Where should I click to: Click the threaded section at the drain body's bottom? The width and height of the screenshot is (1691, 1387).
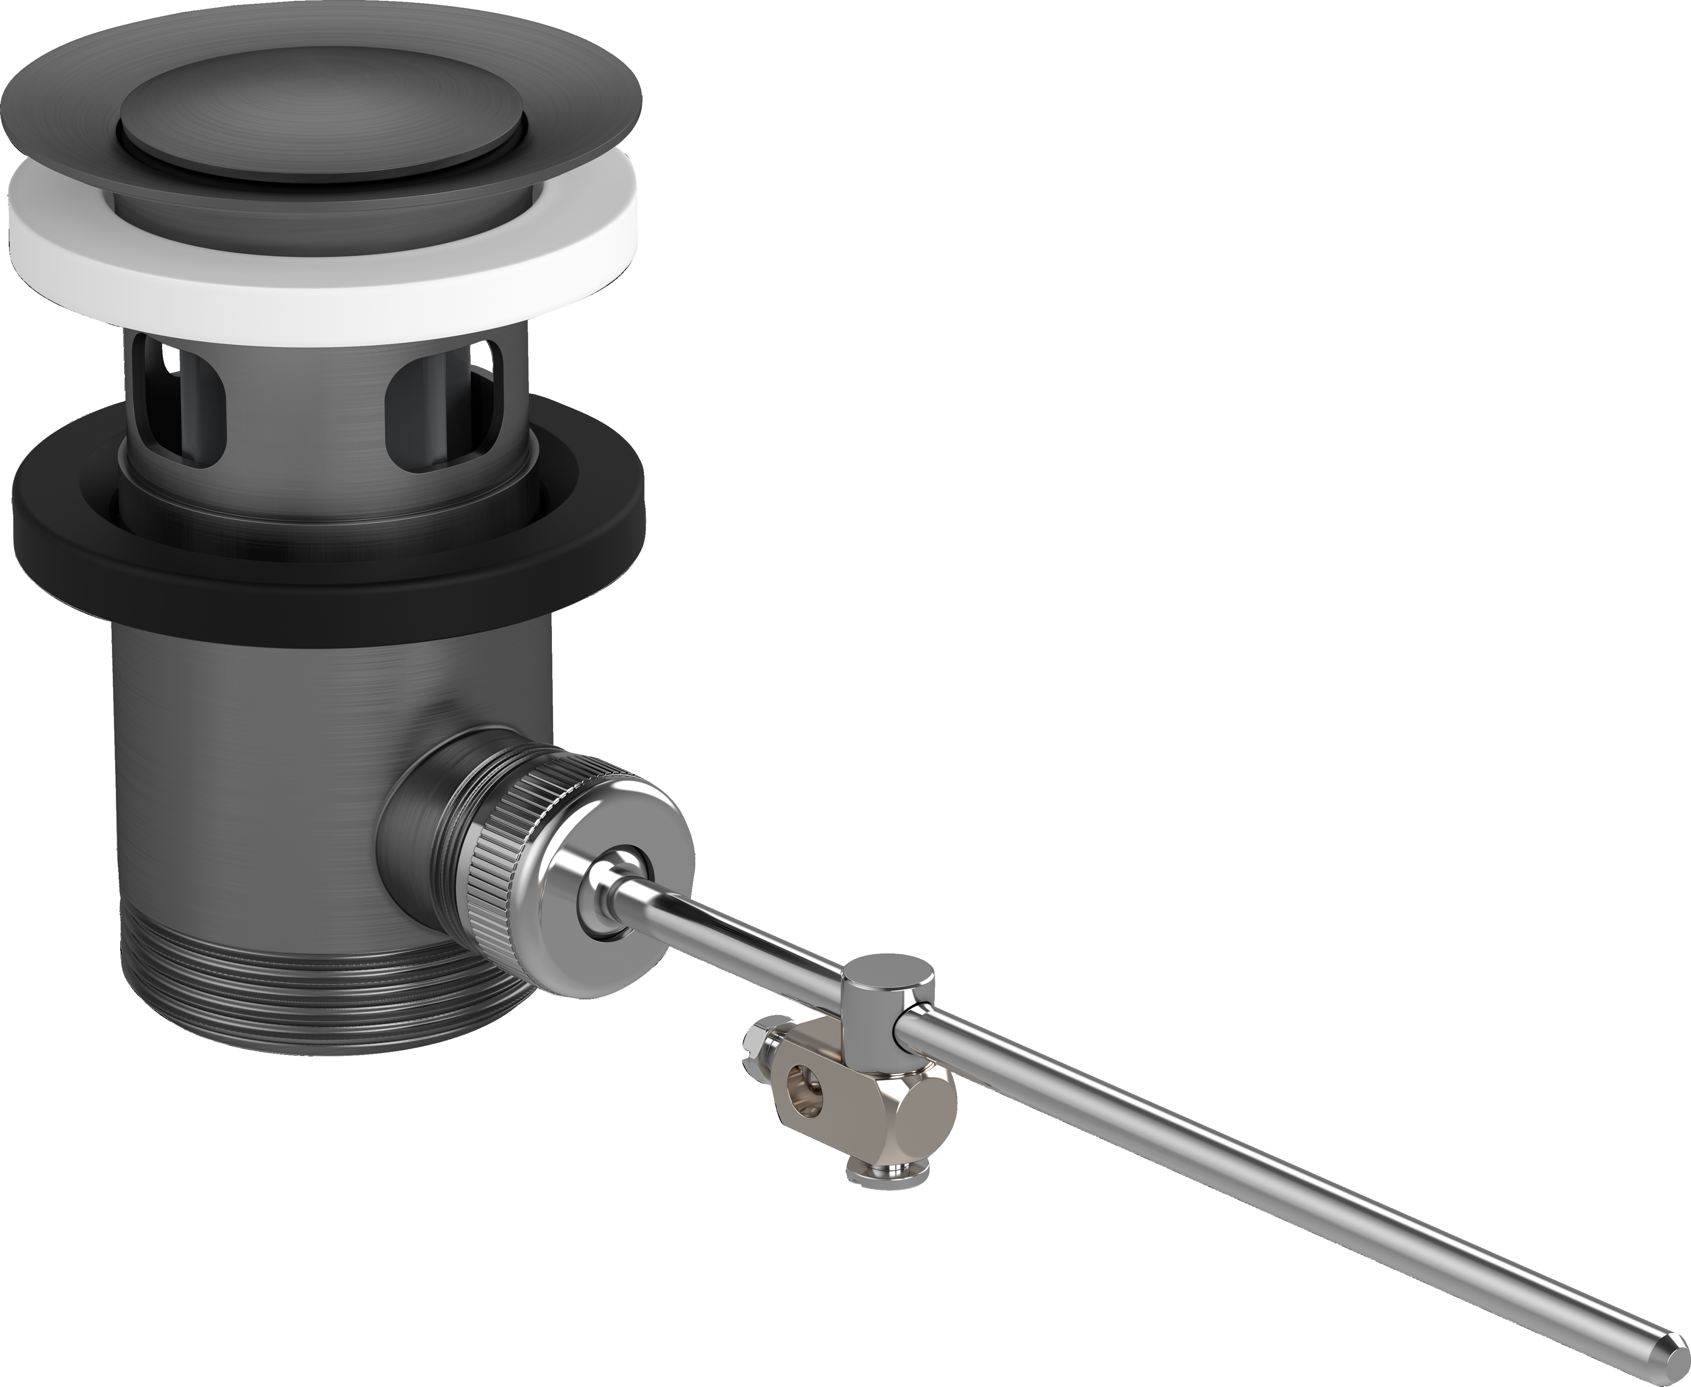pos(320,999)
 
